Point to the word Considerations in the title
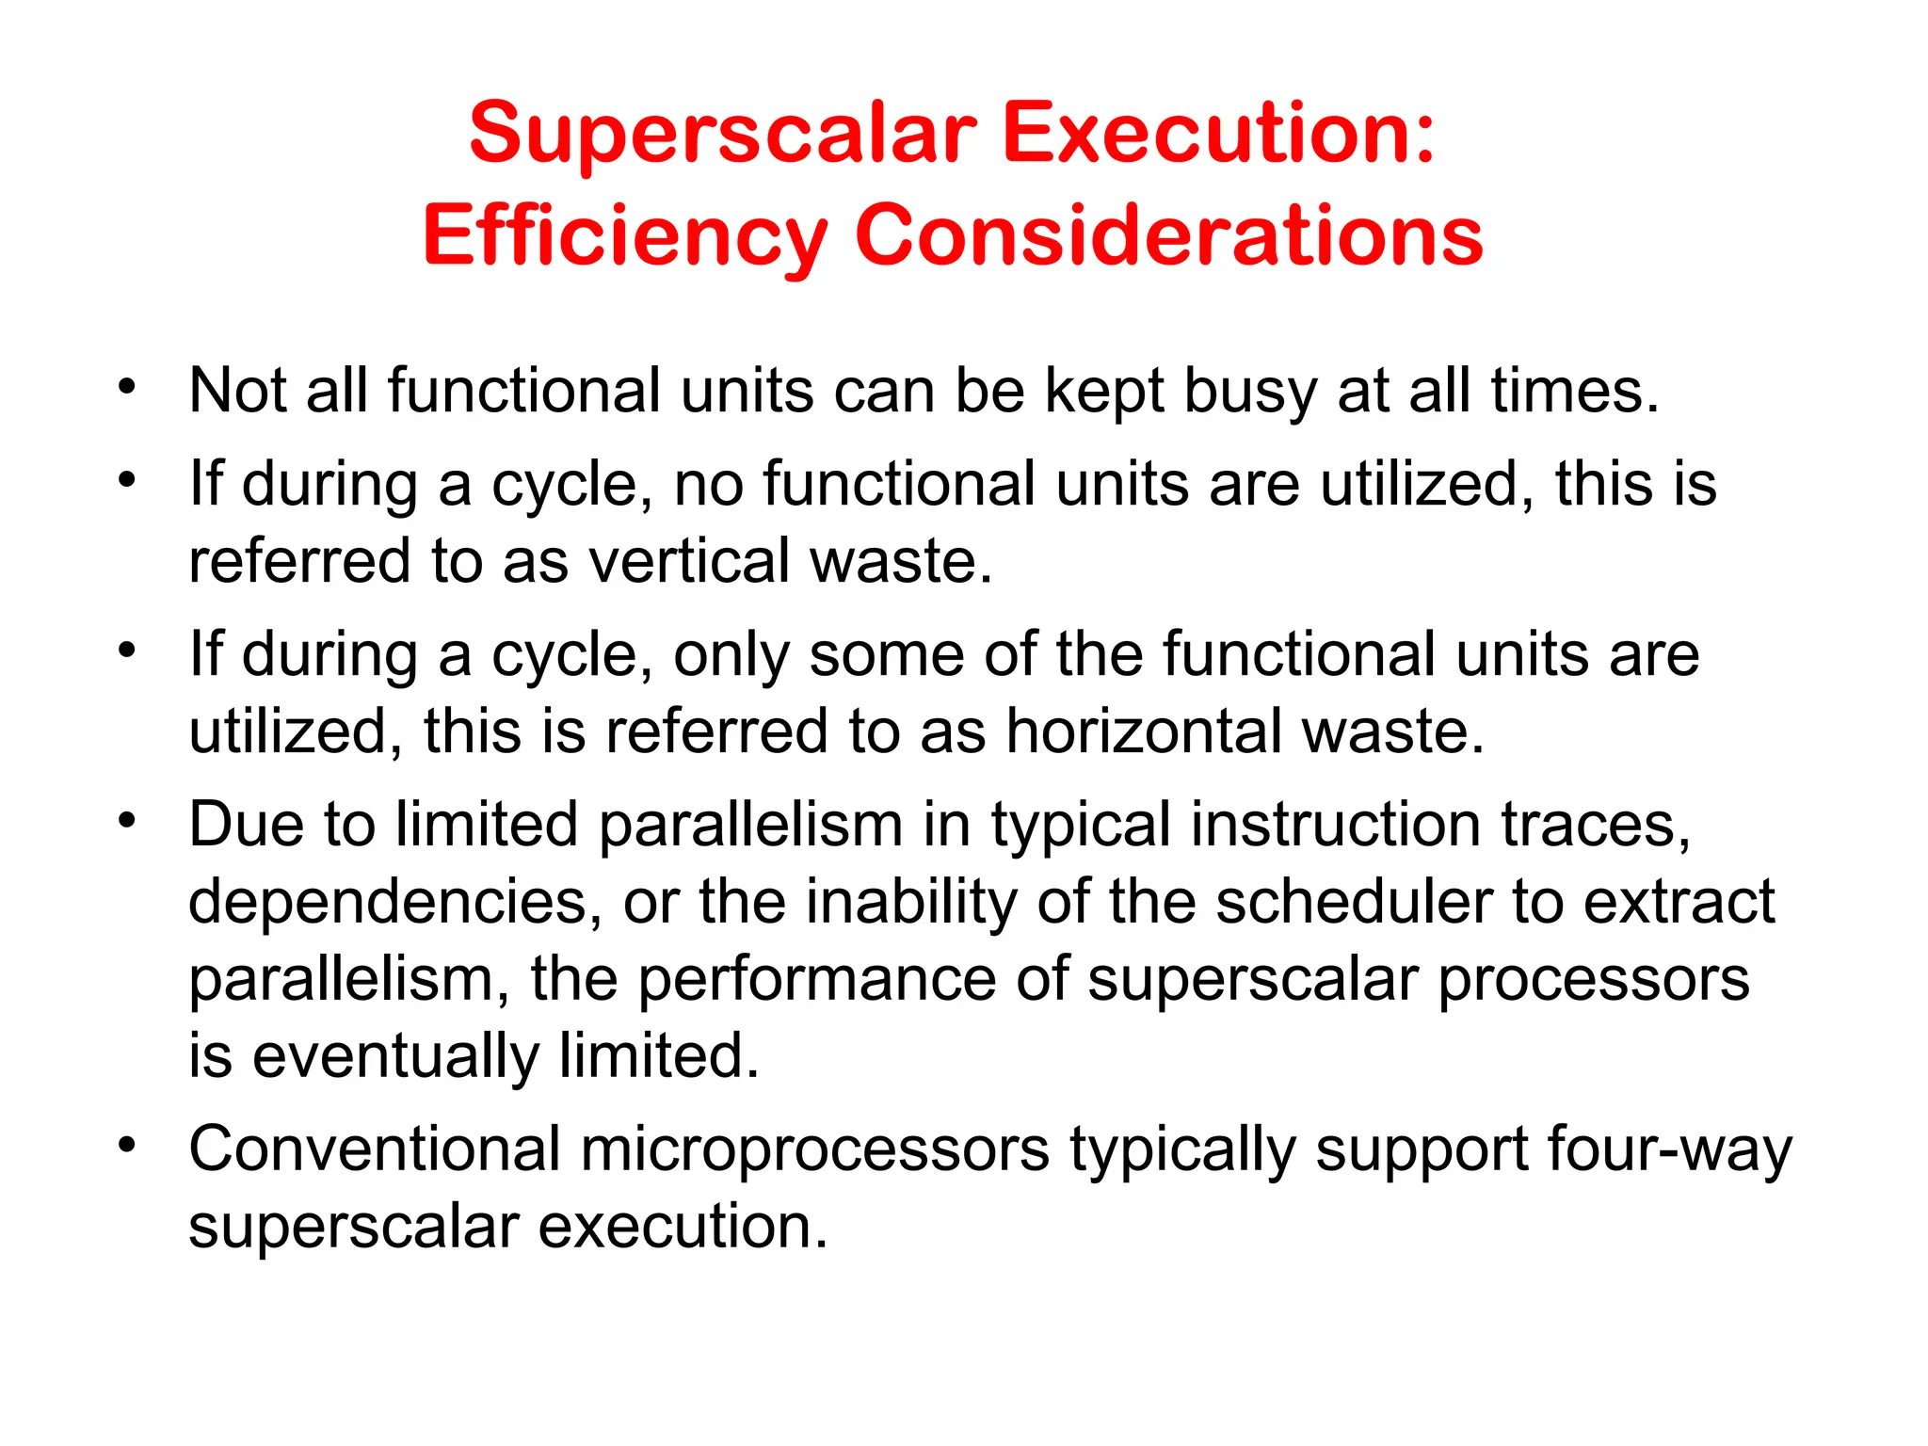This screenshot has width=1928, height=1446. (x=1168, y=234)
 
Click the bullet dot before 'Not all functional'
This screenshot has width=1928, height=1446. (x=127, y=386)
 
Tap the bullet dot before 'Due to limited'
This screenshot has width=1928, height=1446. (x=127, y=820)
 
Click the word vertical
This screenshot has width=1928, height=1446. (x=689, y=561)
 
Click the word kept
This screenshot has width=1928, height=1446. (x=1103, y=391)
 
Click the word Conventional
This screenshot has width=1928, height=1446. (x=375, y=1149)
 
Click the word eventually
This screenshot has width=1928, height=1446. (x=395, y=1056)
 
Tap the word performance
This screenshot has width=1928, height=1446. (x=817, y=979)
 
